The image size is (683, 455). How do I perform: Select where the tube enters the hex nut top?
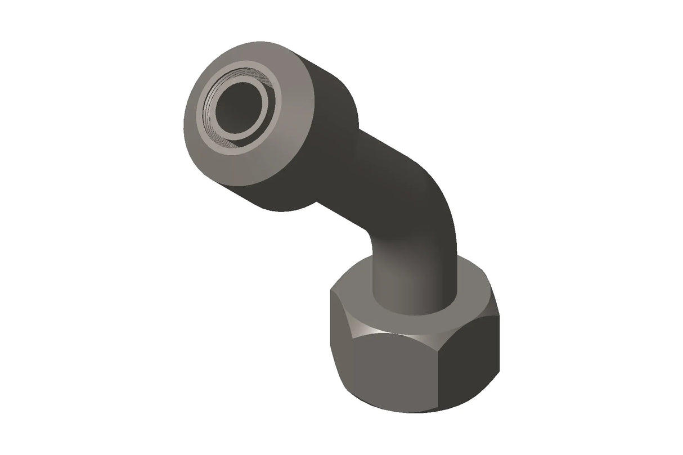click(x=414, y=307)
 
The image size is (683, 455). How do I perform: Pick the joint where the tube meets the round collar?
click(x=338, y=180)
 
